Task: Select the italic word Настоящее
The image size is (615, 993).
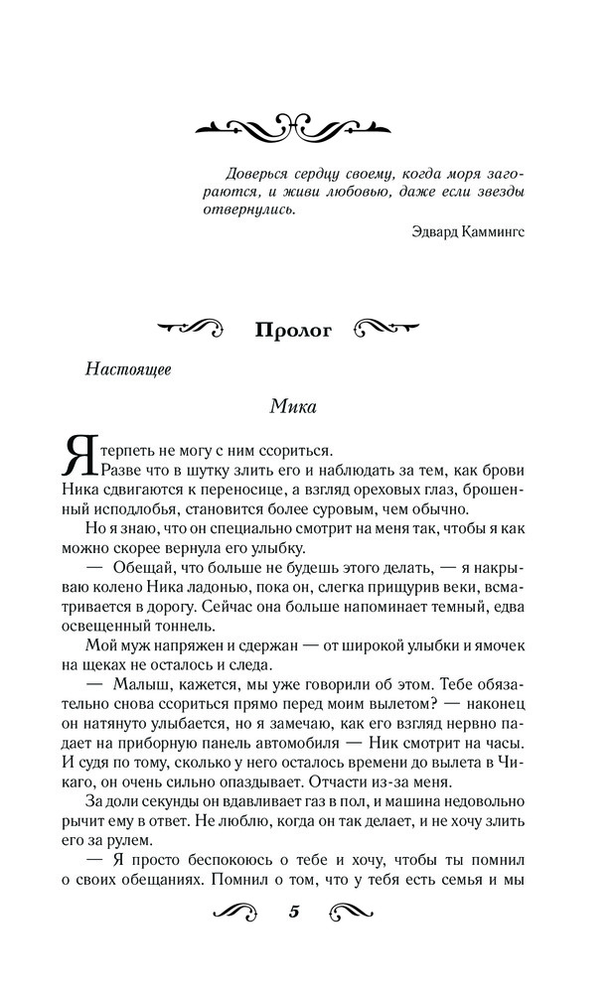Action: (x=128, y=368)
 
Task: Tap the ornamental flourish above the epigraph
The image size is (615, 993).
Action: (x=292, y=126)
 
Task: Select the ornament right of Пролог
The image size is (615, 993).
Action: (x=390, y=328)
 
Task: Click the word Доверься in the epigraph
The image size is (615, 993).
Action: (x=255, y=170)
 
